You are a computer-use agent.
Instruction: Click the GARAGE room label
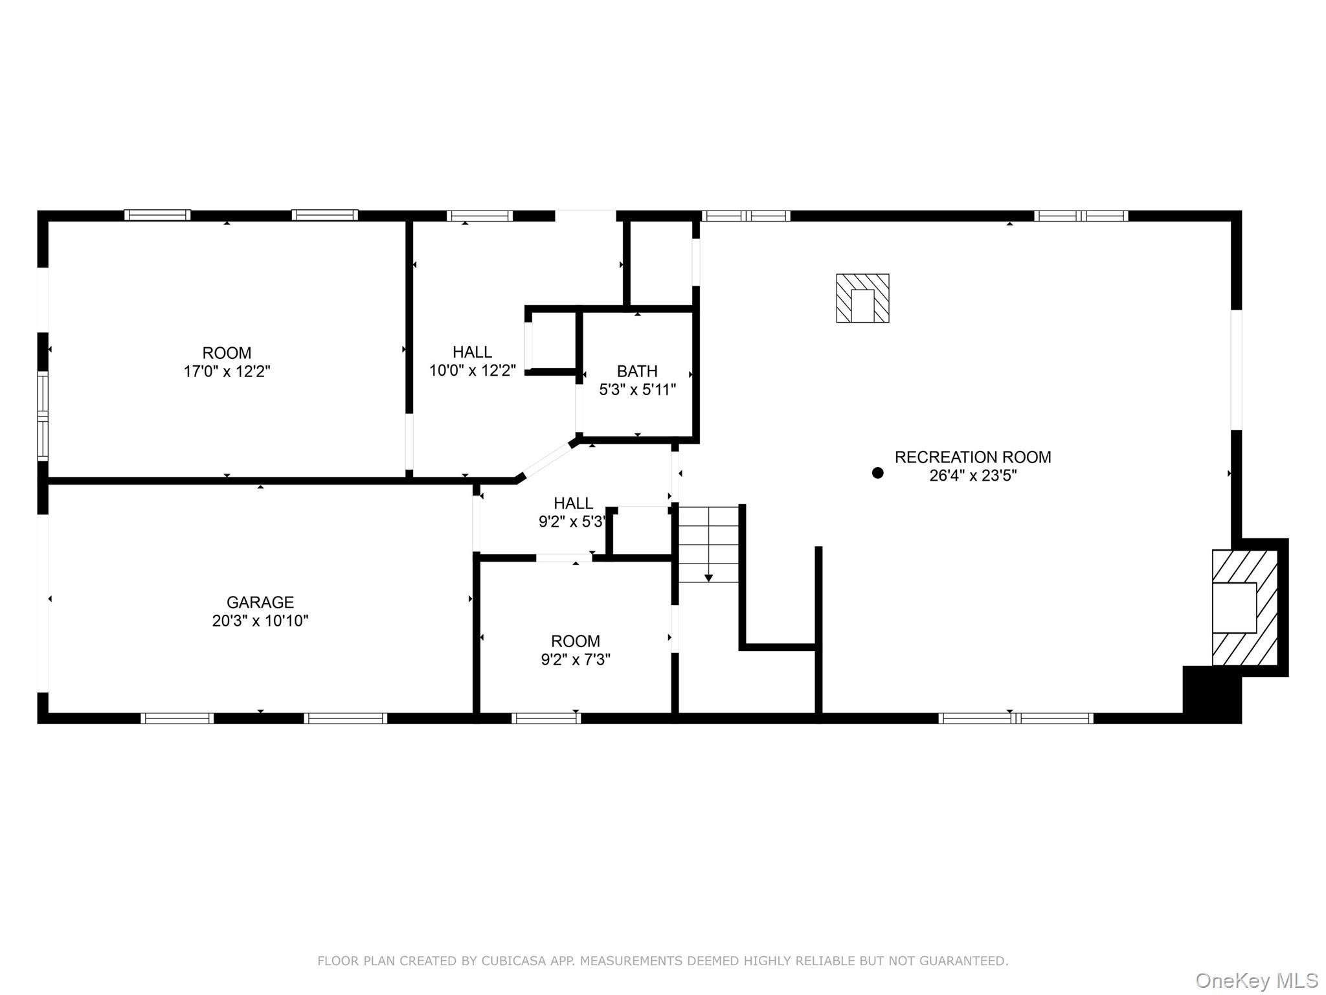point(260,602)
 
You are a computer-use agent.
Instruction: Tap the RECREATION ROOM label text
point(972,457)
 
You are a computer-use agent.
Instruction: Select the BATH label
point(637,371)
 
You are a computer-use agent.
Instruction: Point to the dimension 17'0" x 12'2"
point(227,371)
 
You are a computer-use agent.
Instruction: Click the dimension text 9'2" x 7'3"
point(576,659)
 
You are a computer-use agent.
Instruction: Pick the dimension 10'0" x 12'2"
point(473,371)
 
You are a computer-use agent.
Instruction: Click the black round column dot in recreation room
point(877,473)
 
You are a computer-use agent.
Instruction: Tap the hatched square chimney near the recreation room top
point(862,298)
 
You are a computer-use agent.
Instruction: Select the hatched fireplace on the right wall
point(1244,608)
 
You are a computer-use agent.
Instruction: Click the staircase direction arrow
point(708,577)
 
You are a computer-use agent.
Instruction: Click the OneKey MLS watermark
point(1256,981)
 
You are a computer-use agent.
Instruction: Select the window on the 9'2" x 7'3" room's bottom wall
point(546,718)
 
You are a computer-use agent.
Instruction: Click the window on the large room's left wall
point(43,416)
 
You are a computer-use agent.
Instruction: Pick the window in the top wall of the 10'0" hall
point(480,216)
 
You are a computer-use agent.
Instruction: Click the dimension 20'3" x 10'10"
point(260,621)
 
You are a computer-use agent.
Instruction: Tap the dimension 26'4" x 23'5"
point(972,475)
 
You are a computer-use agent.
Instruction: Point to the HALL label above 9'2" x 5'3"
point(573,503)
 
